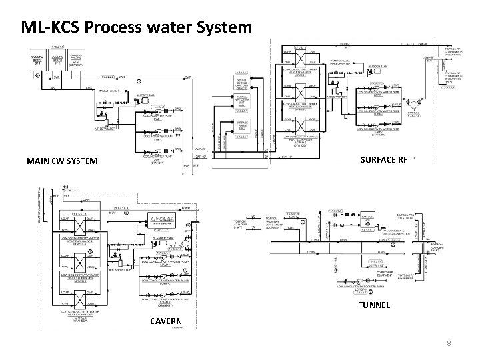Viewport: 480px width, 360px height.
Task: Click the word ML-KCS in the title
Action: (51, 27)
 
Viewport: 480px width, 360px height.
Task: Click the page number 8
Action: (449, 344)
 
